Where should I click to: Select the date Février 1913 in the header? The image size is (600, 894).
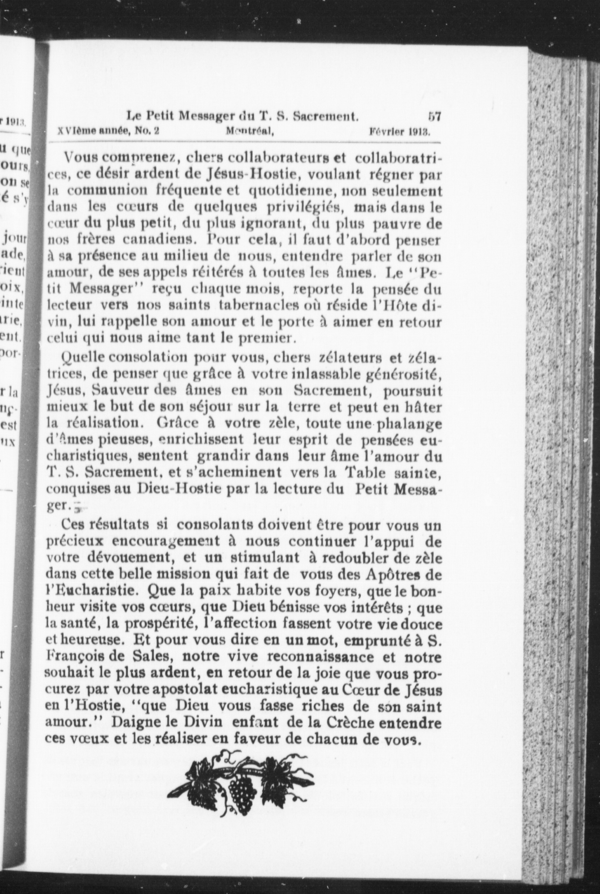[x=400, y=131]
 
